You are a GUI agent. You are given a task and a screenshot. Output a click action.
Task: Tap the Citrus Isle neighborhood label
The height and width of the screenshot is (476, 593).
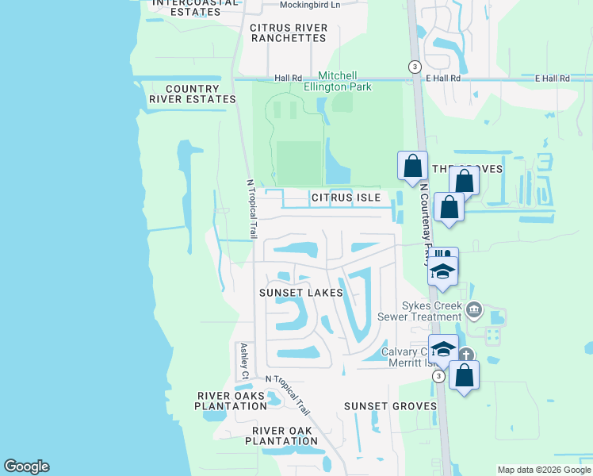point(346,197)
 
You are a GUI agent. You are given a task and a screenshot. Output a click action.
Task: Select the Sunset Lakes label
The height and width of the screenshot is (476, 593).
point(301,293)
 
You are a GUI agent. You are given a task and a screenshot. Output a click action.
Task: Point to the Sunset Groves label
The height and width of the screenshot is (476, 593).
point(390,406)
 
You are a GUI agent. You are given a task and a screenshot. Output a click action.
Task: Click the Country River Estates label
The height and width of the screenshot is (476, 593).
point(192,94)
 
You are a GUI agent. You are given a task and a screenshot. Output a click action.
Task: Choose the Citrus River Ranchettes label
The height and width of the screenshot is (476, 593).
point(289,33)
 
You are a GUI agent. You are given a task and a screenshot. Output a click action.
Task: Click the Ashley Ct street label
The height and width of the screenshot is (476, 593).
point(244,361)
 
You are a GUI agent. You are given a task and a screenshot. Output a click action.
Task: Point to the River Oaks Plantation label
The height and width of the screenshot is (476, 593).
point(231,401)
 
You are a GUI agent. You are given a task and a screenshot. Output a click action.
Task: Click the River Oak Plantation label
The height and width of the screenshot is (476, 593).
point(281,436)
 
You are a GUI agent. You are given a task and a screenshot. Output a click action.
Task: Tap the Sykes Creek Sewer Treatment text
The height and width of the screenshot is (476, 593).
point(431,311)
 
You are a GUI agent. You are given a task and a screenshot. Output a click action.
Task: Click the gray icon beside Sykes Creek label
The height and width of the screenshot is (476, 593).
point(474,309)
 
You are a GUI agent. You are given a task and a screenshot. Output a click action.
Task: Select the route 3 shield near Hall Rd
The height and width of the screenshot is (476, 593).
point(415,67)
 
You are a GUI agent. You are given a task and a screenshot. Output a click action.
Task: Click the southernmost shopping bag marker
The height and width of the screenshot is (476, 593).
point(464,375)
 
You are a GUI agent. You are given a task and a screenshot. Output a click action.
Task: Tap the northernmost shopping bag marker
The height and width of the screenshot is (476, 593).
point(412,166)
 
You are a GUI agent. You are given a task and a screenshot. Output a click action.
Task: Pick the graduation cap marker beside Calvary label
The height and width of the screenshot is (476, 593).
point(443,348)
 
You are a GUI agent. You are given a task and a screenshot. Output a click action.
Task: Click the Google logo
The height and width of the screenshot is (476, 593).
point(26,466)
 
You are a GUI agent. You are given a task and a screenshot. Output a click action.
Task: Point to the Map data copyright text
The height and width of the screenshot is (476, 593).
point(544,470)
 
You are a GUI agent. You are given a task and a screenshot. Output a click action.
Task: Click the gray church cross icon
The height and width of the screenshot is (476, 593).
point(467,356)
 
